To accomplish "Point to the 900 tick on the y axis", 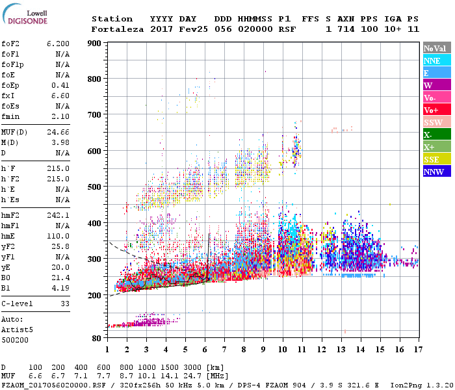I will pyautogui.click(x=95, y=44).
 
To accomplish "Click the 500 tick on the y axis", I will pyautogui.click(x=95, y=187).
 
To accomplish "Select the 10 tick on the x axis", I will pyautogui.click(x=282, y=349).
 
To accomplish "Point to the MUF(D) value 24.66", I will pyautogui.click(x=58, y=133).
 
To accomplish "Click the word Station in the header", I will pyautogui.click(x=112, y=19).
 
